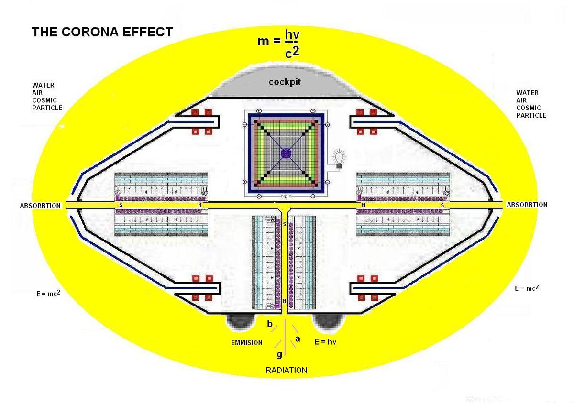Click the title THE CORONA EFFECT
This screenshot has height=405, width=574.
[102, 32]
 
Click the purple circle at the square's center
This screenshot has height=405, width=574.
[286, 153]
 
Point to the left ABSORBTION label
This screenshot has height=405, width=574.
[41, 206]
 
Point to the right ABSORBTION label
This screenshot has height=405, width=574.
[527, 205]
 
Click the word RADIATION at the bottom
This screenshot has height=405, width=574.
[287, 370]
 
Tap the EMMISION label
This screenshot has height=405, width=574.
[246, 342]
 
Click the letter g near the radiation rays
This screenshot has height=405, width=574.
[279, 354]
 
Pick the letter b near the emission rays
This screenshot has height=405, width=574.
[270, 325]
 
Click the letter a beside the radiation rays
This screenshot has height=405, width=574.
[298, 339]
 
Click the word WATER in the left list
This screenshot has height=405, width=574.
[43, 85]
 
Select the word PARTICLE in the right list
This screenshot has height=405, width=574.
[531, 115]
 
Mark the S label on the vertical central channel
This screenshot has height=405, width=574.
[285, 224]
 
